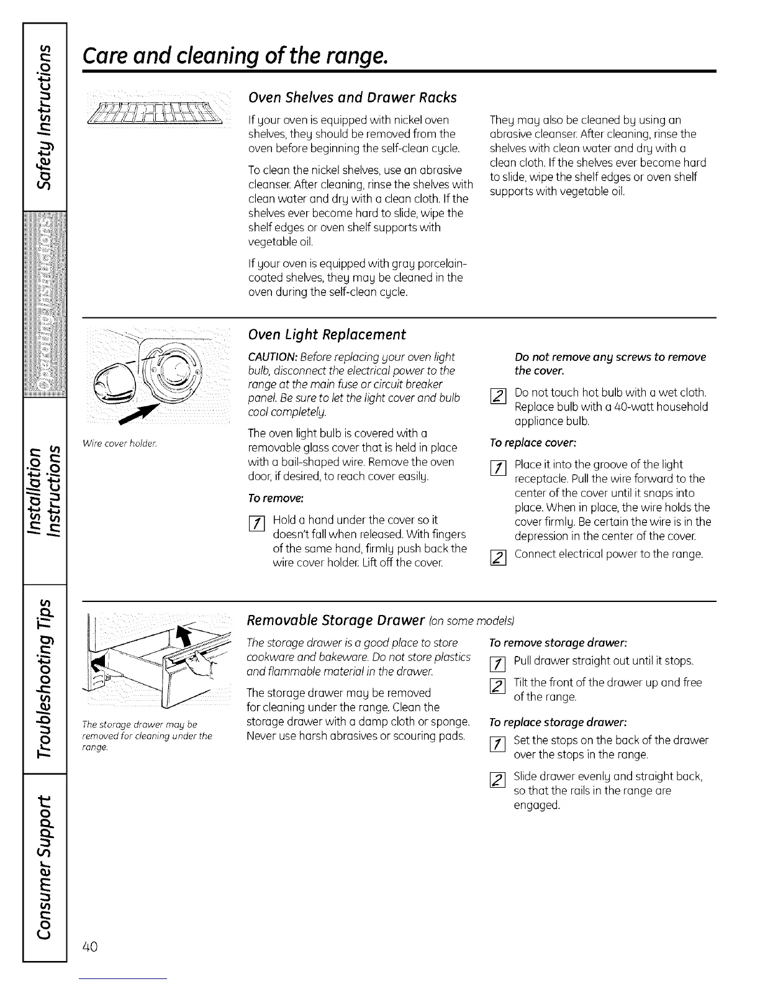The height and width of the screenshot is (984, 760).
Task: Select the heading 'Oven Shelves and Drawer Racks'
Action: click(352, 98)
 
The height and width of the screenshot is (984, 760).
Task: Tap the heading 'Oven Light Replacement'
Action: click(327, 335)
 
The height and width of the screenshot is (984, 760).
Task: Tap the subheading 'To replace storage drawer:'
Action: click(549, 722)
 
